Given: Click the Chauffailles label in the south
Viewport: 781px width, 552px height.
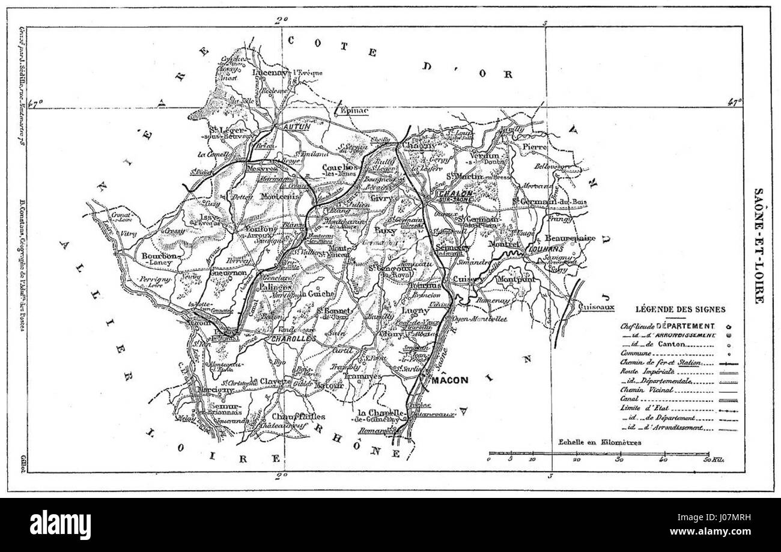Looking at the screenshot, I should [x=299, y=416].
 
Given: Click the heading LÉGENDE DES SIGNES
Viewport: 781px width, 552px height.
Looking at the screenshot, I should [x=679, y=309].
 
